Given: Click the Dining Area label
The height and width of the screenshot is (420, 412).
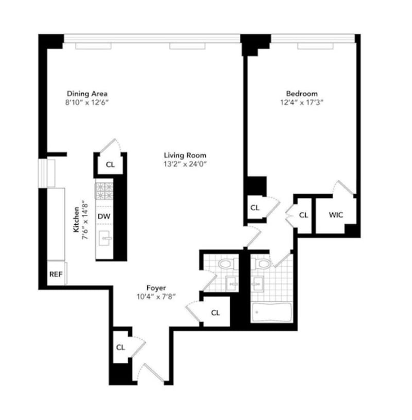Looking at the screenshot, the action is tap(87, 94).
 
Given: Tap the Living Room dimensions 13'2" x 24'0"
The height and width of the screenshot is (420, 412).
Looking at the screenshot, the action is tap(185, 164).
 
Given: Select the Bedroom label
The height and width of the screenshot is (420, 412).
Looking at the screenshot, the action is tap(302, 94).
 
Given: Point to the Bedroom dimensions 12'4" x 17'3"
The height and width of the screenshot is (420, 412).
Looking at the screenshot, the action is tap(302, 103).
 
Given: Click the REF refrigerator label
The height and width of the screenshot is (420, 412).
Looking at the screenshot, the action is tap(56, 275).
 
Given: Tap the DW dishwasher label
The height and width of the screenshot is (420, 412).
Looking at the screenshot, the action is tap(104, 216).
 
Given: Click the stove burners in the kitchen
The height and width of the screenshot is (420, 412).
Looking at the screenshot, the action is tap(104, 191).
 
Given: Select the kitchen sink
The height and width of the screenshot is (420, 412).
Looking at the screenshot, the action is tap(105, 238).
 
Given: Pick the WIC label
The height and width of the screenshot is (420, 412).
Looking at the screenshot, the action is tap(336, 215).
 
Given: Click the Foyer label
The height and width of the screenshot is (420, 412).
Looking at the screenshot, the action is tap(156, 288).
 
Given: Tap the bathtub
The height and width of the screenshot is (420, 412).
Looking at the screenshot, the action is tap(271, 313).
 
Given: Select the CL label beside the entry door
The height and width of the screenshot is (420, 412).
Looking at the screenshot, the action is tap(121, 348).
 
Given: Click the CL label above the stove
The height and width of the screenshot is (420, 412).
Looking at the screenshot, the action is tap(110, 165).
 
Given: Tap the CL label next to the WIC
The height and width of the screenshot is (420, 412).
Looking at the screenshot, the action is tap(303, 215).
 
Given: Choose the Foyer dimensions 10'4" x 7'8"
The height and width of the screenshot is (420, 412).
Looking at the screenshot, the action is tap(156, 297).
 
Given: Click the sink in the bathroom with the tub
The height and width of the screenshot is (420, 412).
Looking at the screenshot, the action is tap(259, 284).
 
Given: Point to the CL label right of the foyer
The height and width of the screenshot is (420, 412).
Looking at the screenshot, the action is tap(216, 313).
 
